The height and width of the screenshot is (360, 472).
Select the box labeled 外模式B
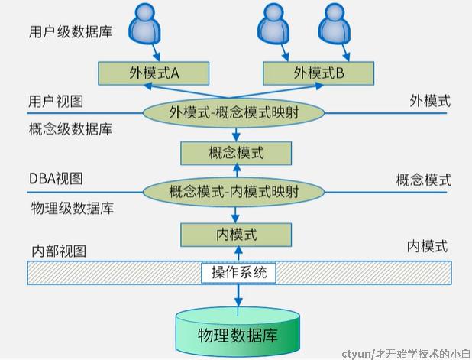point(318,73)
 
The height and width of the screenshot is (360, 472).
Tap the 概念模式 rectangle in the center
point(236,153)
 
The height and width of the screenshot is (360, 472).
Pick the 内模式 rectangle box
point(236,232)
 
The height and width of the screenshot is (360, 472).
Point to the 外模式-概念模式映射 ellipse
point(235,113)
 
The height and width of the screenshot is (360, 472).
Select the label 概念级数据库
point(70,129)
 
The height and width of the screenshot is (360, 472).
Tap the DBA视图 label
point(55,179)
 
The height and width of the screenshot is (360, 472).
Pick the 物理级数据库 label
point(70,207)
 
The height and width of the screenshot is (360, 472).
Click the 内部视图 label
point(58,251)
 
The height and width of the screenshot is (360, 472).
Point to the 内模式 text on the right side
point(427,246)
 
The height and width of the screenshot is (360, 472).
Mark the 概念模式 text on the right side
point(423,180)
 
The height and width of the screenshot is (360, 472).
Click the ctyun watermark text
point(406,352)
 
